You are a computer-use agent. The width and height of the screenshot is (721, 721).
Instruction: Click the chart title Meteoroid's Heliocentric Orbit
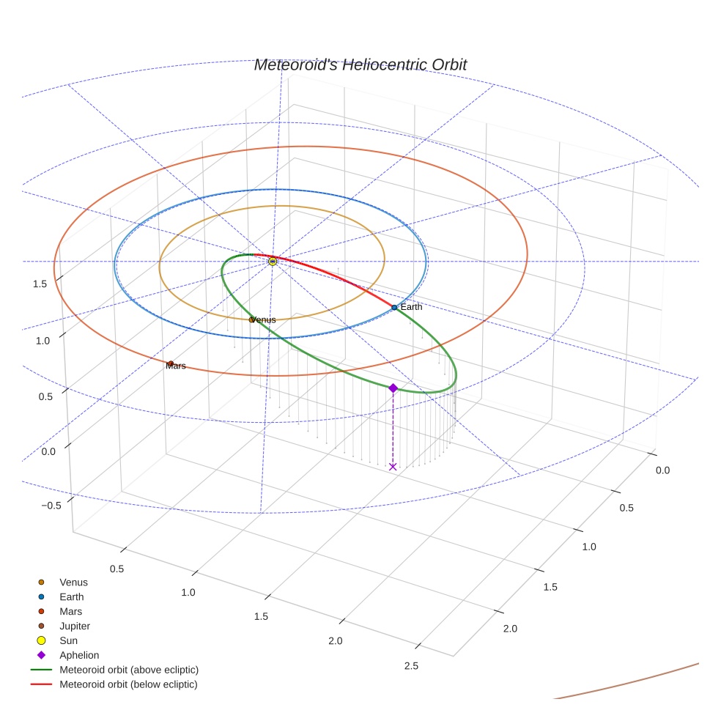(x=360, y=64)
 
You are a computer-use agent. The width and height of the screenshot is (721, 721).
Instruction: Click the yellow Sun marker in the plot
(x=273, y=261)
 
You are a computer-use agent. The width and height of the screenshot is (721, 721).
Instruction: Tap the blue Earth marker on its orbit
(x=394, y=308)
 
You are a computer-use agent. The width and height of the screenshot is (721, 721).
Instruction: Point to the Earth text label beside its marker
(x=411, y=307)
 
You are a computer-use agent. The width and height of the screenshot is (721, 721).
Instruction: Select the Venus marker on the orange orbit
(x=252, y=319)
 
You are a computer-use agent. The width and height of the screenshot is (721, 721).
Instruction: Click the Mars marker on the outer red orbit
(x=171, y=363)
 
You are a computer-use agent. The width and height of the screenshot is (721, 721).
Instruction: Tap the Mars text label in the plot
(x=176, y=366)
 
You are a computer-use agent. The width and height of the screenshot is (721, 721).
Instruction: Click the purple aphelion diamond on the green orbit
(x=393, y=388)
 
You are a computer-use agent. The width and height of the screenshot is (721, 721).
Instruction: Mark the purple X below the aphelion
(x=393, y=466)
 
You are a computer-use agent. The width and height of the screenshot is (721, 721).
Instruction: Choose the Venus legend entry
(x=73, y=583)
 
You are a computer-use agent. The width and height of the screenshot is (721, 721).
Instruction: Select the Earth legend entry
(x=72, y=597)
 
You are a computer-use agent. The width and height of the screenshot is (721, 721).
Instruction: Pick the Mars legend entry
(x=70, y=611)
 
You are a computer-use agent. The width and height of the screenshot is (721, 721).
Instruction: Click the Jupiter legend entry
(x=75, y=626)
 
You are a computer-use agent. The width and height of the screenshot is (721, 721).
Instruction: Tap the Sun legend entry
(x=68, y=640)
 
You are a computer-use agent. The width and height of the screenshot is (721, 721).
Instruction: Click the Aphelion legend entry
(x=79, y=655)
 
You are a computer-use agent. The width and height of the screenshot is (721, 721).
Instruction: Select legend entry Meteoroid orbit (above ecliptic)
(x=129, y=670)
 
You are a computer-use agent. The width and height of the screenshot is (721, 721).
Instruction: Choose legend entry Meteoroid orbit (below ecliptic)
(x=128, y=684)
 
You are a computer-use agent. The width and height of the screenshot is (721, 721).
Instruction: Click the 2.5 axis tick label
(x=411, y=665)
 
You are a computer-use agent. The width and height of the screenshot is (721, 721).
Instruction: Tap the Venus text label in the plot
(x=264, y=320)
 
